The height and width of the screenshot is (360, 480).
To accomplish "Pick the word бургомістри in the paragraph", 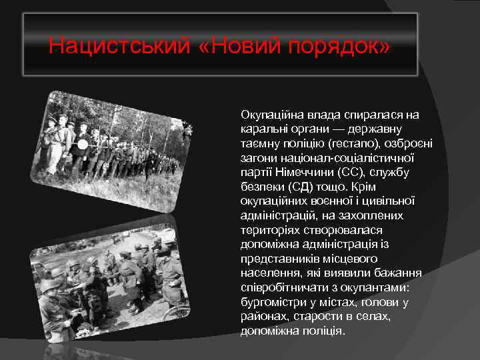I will pyautogui.click(x=271, y=302).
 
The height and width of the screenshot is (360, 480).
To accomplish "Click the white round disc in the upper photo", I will pyautogui.click(x=83, y=143).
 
